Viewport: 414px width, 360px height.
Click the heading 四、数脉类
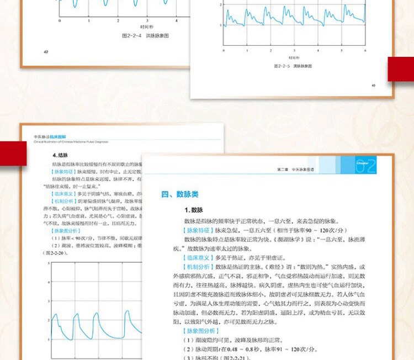coord(180,194)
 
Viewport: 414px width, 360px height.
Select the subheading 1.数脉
coord(195,210)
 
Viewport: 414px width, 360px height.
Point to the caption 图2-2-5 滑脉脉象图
coord(293,66)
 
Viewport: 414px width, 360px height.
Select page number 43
coord(374,85)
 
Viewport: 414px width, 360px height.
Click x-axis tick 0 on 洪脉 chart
coord(60,20)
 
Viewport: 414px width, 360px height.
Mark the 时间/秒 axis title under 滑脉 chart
coord(294,57)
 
